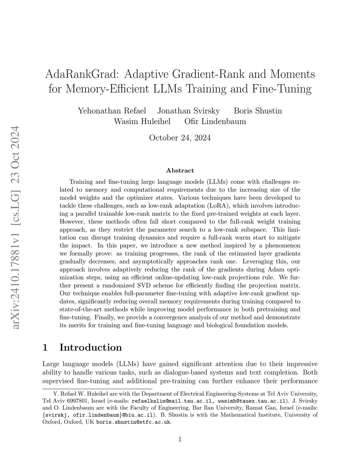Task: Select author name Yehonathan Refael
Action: pyautogui.click(x=112, y=111)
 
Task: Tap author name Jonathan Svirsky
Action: pyautogui.click(x=188, y=111)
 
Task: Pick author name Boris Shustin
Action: pyautogui.click(x=258, y=111)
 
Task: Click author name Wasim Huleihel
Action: pyautogui.click(x=142, y=122)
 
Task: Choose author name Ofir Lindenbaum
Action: pyautogui.click(x=215, y=122)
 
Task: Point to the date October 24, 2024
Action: pyautogui.click(x=180, y=138)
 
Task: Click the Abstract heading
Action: pyautogui.click(x=180, y=171)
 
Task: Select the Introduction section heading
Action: pyautogui.click(x=91, y=347)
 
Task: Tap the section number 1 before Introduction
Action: pyautogui.click(x=45, y=347)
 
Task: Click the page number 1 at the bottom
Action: pyautogui.click(x=180, y=439)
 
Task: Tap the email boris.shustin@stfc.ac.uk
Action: pyautogui.click(x=134, y=422)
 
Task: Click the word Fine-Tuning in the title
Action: pyautogui.click(x=282, y=89)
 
